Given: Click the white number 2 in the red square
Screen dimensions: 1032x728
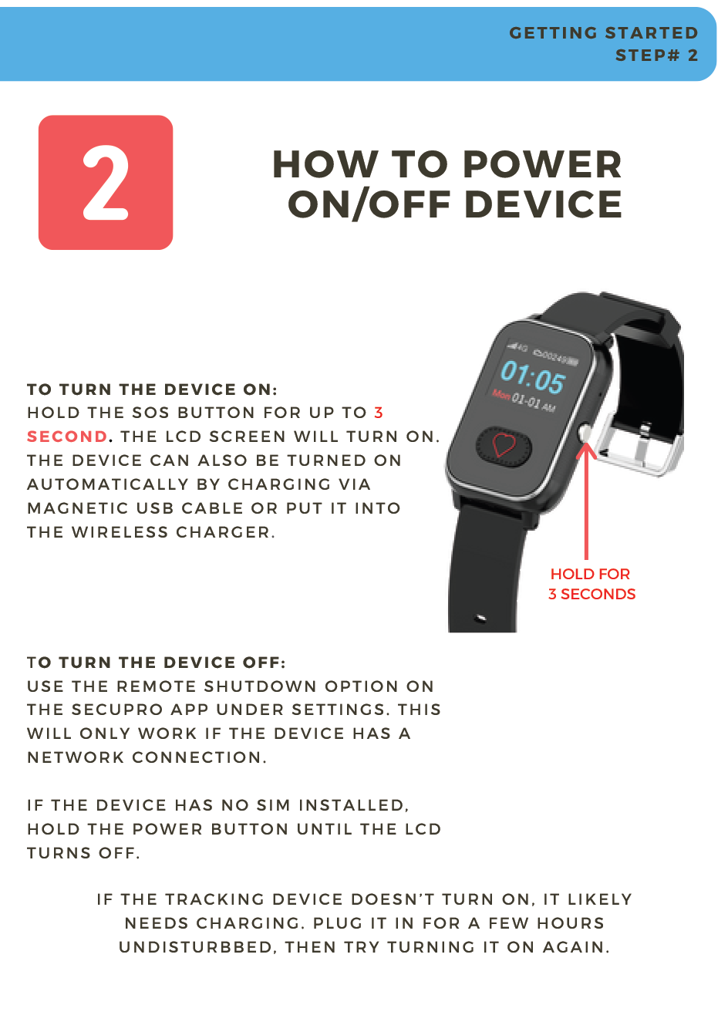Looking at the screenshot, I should point(106,183).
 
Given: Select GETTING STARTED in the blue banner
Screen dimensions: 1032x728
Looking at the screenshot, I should point(603,33).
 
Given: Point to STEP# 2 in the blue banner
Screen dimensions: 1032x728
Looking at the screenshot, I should point(656,56).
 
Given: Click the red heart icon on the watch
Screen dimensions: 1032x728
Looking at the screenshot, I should point(504,445).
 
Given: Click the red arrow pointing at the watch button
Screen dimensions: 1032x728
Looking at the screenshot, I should point(587,501).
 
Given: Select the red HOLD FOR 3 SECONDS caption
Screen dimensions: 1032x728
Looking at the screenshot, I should point(591,584).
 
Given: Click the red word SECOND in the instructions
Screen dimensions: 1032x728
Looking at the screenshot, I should point(67,437).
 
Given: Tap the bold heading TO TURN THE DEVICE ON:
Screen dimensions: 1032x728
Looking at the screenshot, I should point(152,390).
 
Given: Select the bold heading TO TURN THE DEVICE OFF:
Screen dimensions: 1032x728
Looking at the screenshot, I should point(156,663).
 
